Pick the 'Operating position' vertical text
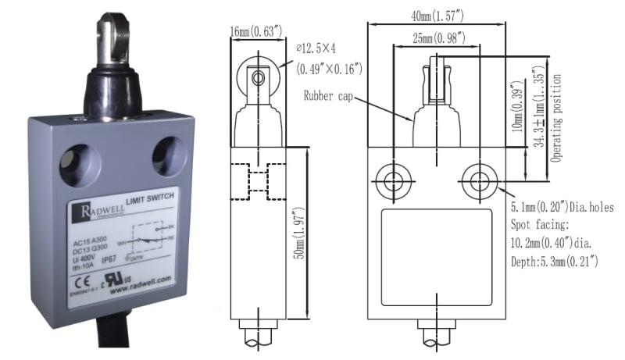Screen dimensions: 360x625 (x=556, y=117)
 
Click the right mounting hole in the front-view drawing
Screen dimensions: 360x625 (x=477, y=182)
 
